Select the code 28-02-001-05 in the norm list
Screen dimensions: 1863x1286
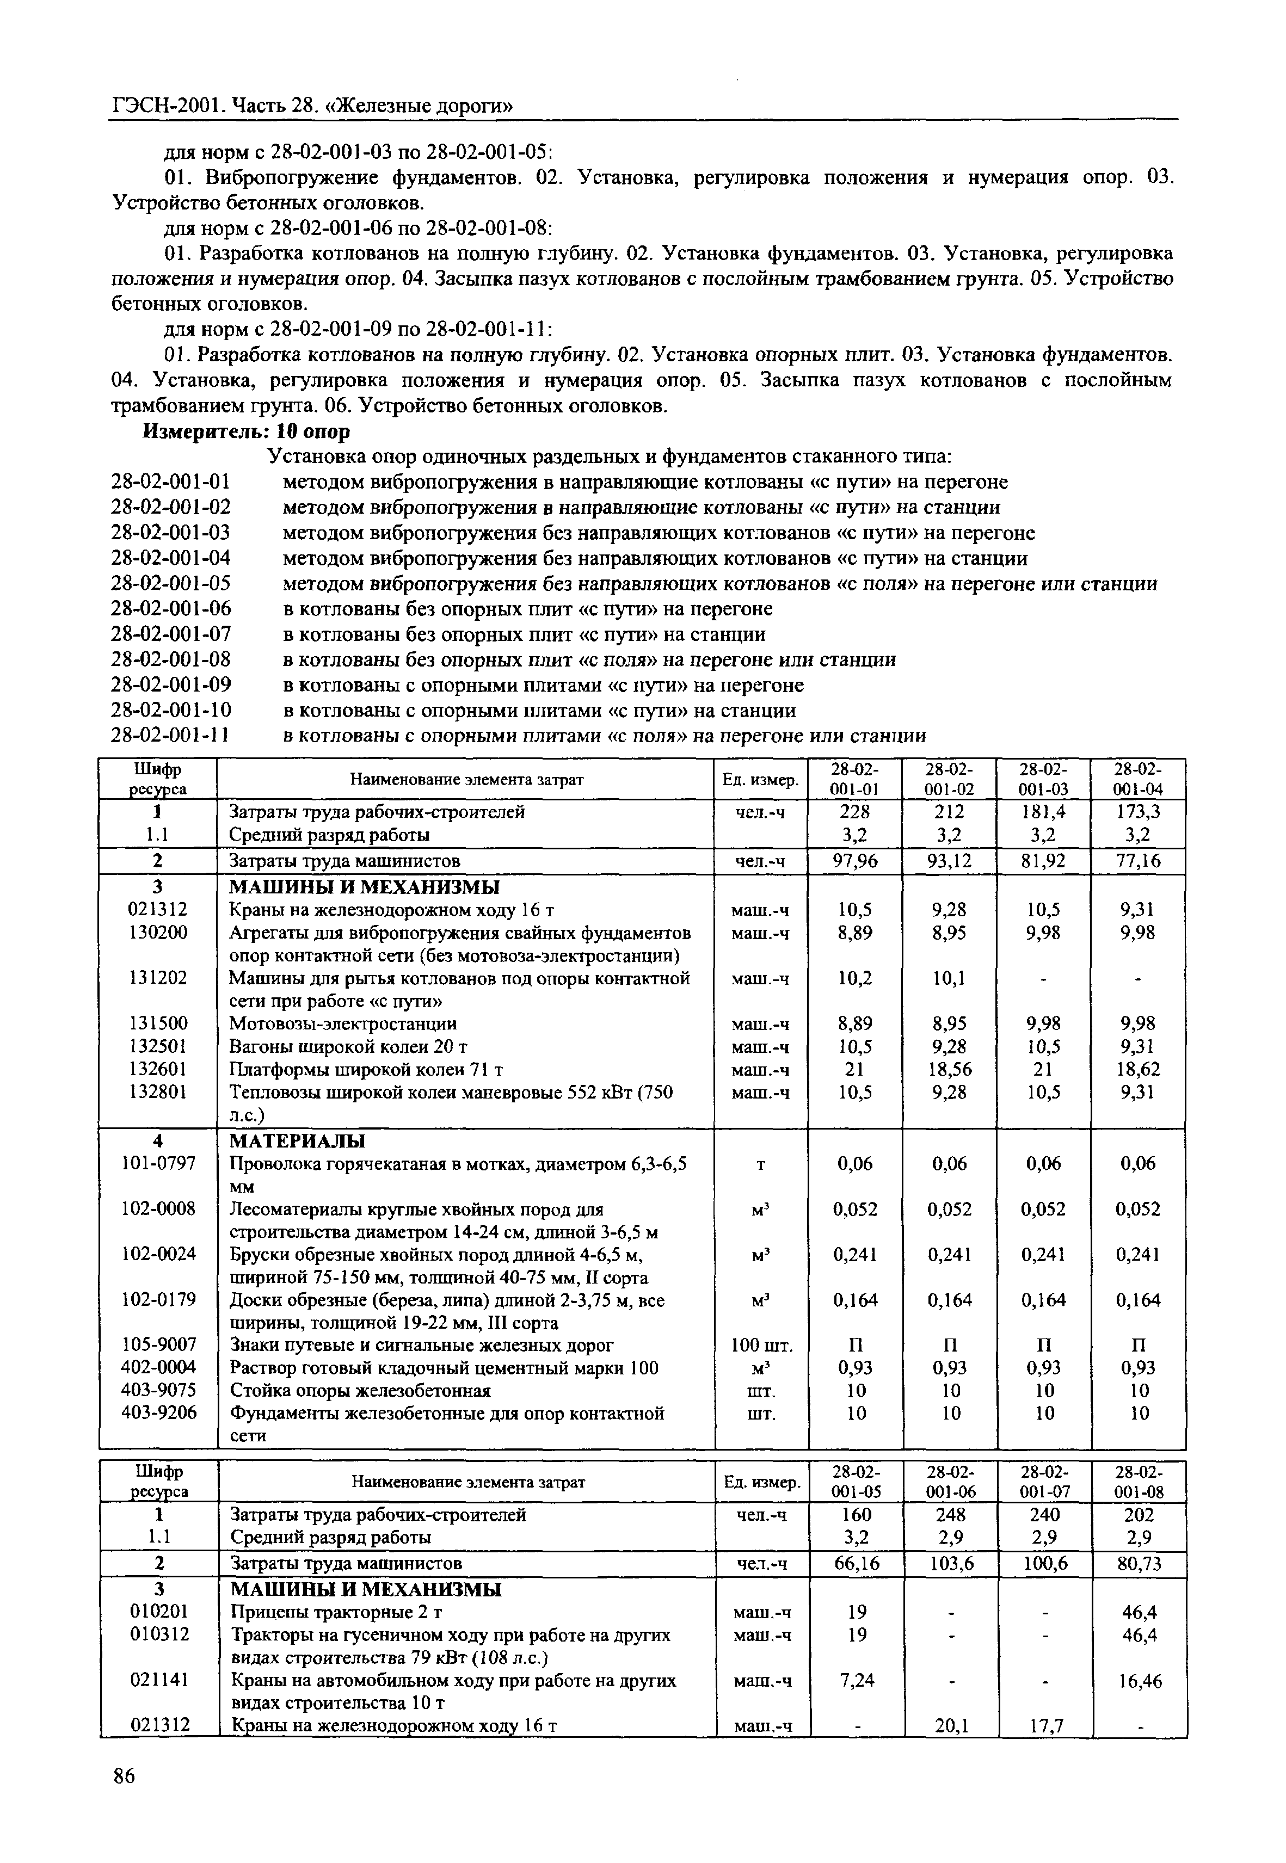[x=171, y=583]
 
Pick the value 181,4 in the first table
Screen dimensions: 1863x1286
[x=1043, y=811]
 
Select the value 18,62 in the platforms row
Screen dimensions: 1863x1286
[x=1138, y=1069]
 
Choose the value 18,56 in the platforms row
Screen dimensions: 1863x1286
[x=949, y=1069]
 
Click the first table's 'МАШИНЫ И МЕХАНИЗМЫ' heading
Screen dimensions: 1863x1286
[x=364, y=887]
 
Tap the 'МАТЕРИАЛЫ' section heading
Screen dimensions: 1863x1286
[x=297, y=1140]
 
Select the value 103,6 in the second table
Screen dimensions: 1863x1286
[x=951, y=1563]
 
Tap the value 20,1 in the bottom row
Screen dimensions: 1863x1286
[x=951, y=1725]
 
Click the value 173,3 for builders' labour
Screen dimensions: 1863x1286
[x=1138, y=811]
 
